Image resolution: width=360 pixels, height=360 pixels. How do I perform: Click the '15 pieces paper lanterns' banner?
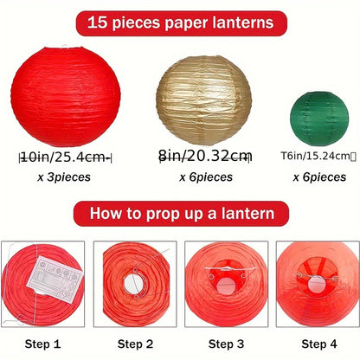click(x=180, y=22)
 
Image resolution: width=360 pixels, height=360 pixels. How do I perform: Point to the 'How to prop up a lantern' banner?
click(x=180, y=213)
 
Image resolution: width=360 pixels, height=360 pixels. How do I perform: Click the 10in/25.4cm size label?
click(x=66, y=157)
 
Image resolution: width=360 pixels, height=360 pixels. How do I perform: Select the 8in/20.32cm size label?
click(x=206, y=156)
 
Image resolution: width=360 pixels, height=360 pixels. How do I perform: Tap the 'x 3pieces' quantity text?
click(x=66, y=177)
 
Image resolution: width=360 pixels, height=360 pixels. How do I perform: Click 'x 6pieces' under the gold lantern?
click(x=205, y=177)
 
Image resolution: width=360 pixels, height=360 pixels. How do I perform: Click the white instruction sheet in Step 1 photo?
click(x=55, y=280)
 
